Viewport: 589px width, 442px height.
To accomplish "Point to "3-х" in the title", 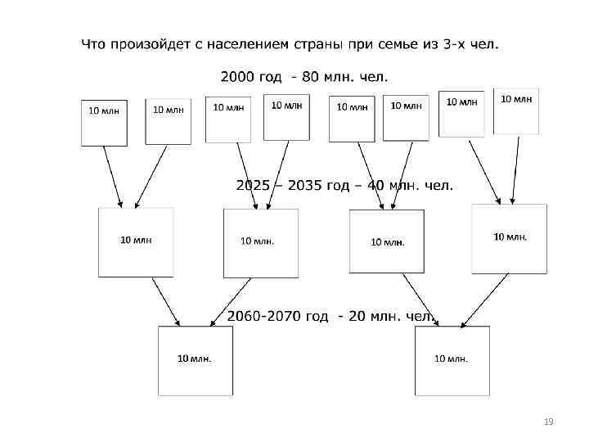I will click(457, 43).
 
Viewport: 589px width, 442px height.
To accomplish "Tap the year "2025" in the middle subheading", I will click(253, 186).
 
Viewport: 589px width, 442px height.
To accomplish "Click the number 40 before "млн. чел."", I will click(376, 186).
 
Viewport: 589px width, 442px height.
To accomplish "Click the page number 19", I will click(548, 422).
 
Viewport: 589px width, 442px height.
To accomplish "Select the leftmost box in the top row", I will click(104, 123).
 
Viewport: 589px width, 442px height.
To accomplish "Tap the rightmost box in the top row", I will click(516, 111).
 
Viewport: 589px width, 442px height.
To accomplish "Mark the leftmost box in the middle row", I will click(136, 241).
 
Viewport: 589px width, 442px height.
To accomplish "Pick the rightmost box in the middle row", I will click(509, 238).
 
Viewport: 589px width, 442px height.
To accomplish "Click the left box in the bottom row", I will click(195, 360).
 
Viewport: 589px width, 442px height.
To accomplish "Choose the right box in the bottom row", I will click(452, 360).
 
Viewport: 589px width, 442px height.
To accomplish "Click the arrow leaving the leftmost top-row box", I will click(113, 176).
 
